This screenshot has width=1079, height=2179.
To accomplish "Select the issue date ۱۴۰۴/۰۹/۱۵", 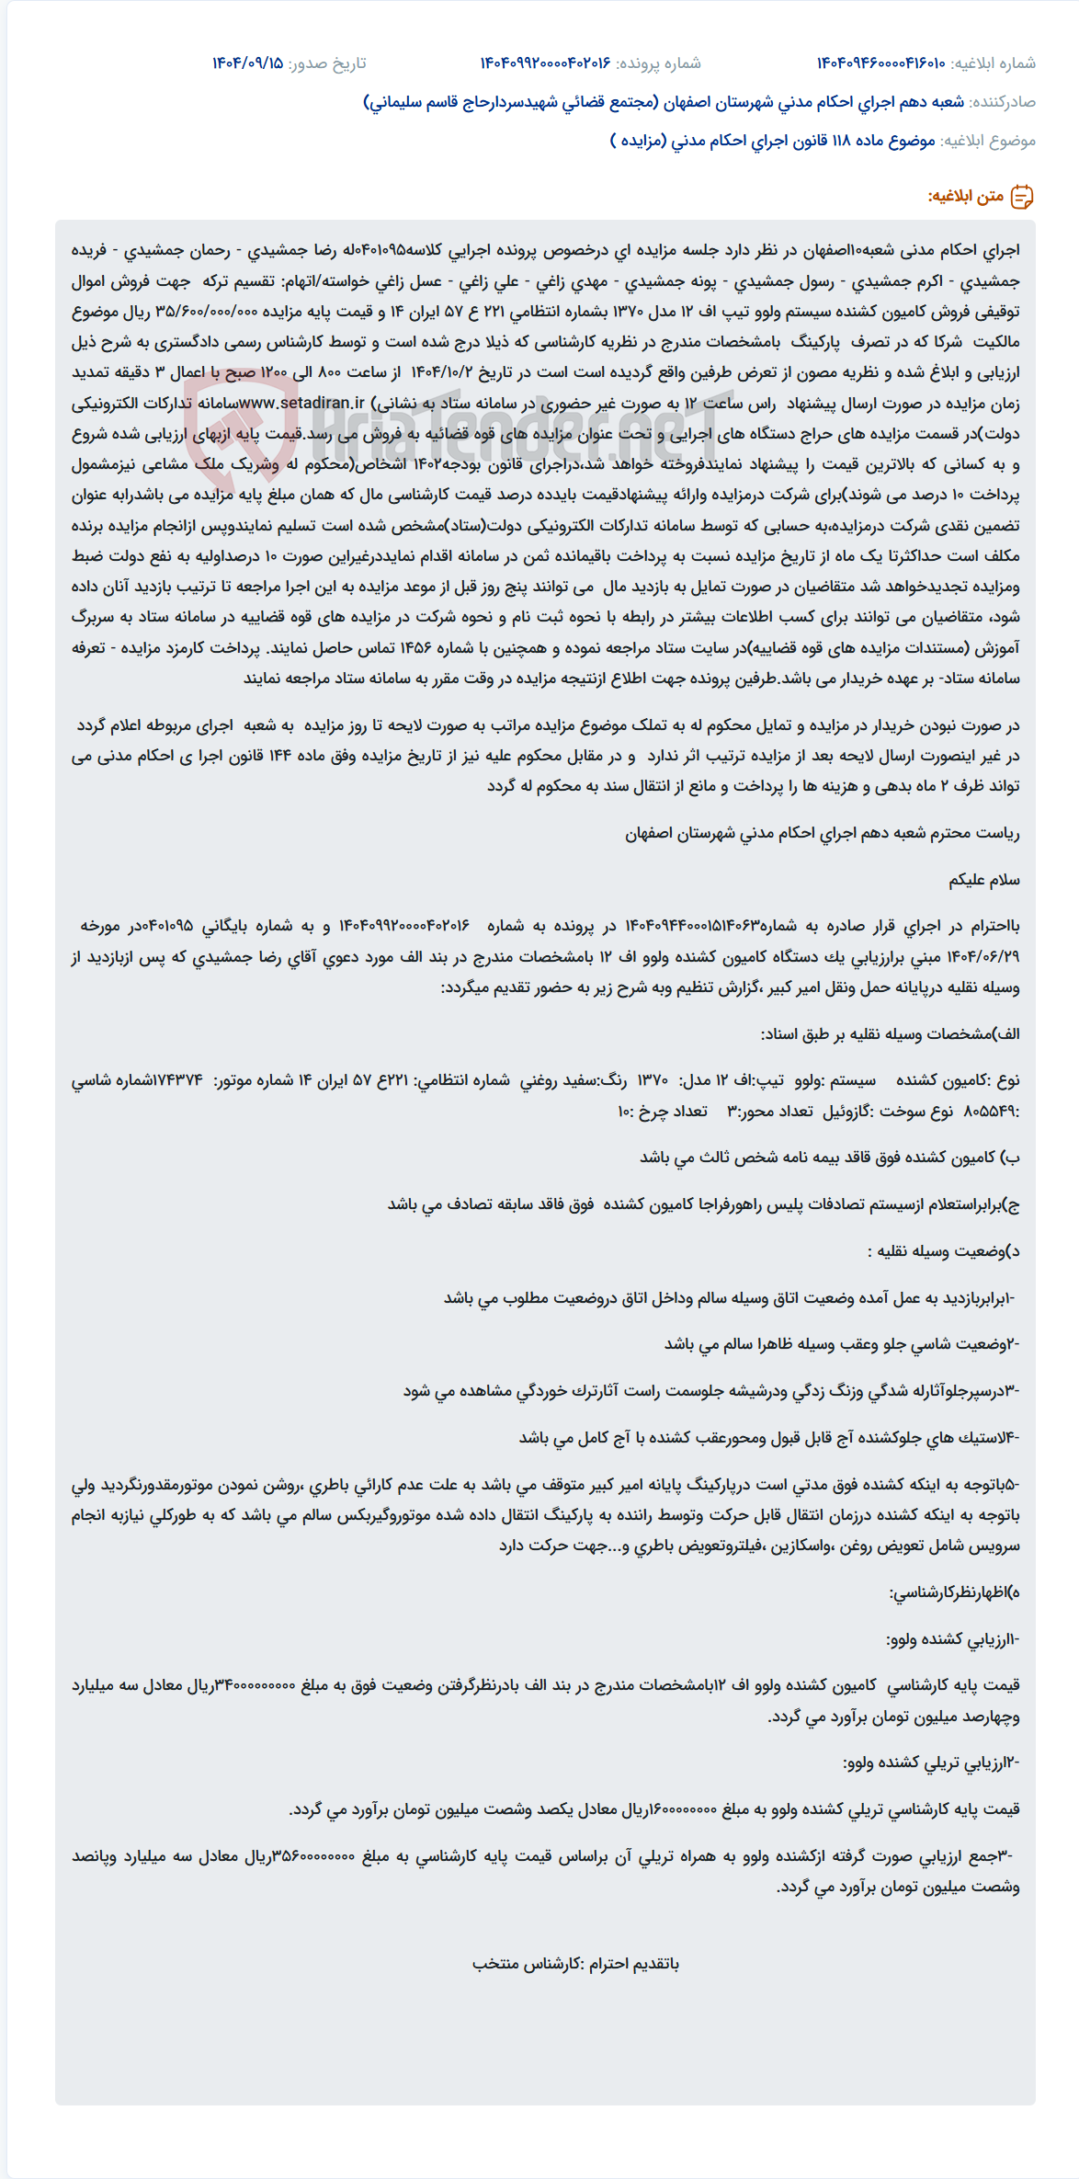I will coord(247,63).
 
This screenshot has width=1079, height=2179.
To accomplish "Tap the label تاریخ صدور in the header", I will coord(327,63).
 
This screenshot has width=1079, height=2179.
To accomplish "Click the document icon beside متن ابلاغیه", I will coord(1022,197).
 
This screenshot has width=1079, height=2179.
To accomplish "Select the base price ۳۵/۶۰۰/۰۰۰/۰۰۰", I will coord(205,312).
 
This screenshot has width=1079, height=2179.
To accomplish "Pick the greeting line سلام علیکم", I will coord(984,880).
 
